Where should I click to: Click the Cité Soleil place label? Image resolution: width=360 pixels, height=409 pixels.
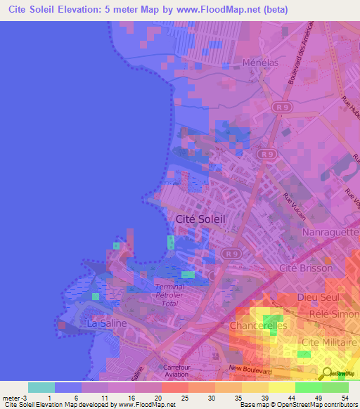point(199,219)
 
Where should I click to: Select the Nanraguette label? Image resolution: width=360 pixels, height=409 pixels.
point(330,232)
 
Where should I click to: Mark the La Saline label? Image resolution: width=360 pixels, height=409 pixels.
point(105,323)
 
